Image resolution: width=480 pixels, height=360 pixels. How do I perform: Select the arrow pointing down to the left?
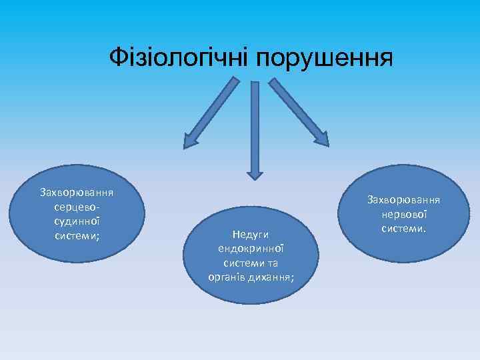tap(212, 111)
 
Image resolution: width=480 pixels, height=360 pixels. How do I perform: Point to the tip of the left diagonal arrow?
tap(187, 144)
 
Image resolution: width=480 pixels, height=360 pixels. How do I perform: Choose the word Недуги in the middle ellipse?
tap(250, 234)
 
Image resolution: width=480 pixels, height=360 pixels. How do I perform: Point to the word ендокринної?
tap(250, 248)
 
